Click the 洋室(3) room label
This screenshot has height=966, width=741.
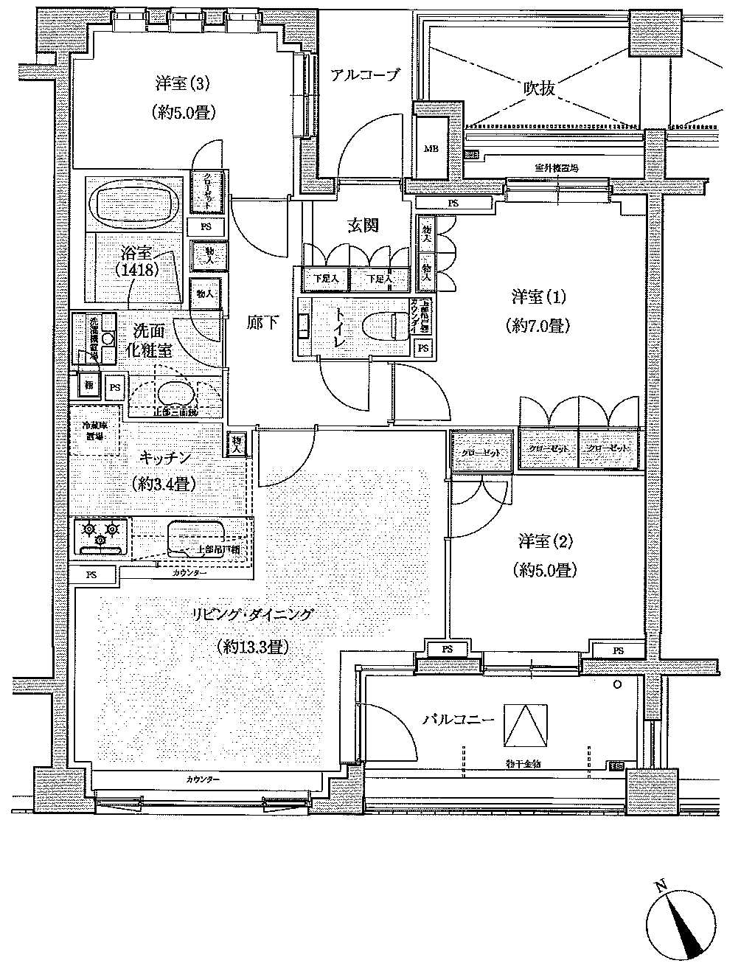(182, 83)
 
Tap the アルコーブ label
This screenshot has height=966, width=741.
(364, 75)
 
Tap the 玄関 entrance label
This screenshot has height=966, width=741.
(362, 226)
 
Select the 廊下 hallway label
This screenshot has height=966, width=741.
(262, 322)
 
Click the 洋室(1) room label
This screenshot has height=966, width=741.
(539, 297)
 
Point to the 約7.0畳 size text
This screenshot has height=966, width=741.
(539, 324)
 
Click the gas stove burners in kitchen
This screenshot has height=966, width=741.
(100, 533)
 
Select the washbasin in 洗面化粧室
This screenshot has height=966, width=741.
(173, 393)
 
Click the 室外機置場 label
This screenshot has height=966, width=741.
(557, 169)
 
